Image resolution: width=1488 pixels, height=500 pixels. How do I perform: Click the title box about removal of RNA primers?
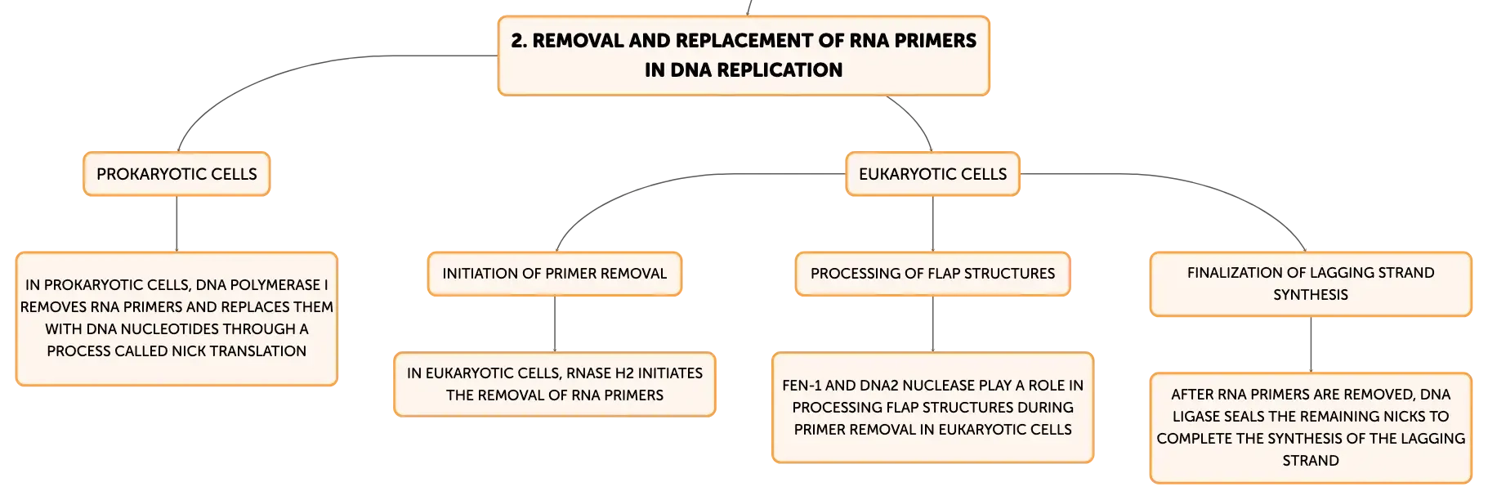(744, 56)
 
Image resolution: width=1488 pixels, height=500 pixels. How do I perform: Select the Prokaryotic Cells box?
(177, 174)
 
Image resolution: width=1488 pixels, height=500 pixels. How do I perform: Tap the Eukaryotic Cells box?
(932, 174)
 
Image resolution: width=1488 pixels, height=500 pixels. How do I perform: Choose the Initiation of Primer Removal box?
(555, 274)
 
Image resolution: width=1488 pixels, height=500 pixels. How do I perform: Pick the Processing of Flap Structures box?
(932, 274)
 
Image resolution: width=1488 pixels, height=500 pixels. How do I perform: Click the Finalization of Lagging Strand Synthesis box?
(1311, 284)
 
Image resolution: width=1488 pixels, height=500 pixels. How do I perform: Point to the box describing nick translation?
(177, 319)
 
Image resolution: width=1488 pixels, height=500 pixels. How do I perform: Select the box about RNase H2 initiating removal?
(555, 384)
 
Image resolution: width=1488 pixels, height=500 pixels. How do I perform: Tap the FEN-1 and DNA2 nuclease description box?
(932, 408)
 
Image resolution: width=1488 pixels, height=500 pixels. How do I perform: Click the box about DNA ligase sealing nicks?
(1311, 428)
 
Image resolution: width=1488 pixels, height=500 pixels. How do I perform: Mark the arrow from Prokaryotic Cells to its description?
(177, 224)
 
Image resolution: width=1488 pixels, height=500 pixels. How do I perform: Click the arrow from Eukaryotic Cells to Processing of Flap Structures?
(932, 224)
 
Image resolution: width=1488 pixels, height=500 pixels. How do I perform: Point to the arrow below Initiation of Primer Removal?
(555, 324)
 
